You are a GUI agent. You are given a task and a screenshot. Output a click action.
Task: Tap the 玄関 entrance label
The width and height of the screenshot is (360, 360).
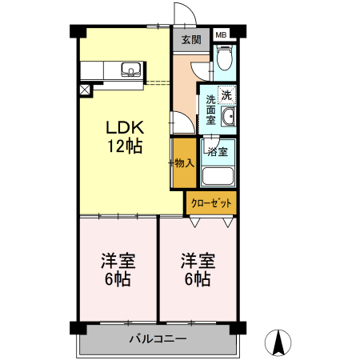coord(190,40)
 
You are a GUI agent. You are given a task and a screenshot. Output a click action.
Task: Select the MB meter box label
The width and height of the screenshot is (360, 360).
coord(222,34)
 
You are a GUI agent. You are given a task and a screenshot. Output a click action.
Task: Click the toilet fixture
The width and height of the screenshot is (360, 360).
coord(225,59)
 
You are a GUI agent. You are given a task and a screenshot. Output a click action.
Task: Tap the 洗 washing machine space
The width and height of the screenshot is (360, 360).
coord(227,95)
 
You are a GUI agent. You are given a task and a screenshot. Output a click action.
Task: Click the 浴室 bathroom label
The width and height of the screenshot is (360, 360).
coord(217,150)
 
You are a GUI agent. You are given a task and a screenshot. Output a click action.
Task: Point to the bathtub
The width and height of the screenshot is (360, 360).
coord(218,175)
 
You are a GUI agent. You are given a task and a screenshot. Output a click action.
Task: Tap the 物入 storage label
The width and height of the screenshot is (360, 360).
coord(184,163)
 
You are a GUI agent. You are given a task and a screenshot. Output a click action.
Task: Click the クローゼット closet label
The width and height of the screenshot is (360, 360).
coord(211,203)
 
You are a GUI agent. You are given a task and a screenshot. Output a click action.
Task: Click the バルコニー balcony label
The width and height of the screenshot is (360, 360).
coord(158,338)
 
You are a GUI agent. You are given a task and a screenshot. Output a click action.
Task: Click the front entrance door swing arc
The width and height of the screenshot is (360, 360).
coord(182,16)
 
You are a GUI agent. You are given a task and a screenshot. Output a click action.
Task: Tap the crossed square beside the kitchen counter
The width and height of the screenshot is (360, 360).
coord(86,90)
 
